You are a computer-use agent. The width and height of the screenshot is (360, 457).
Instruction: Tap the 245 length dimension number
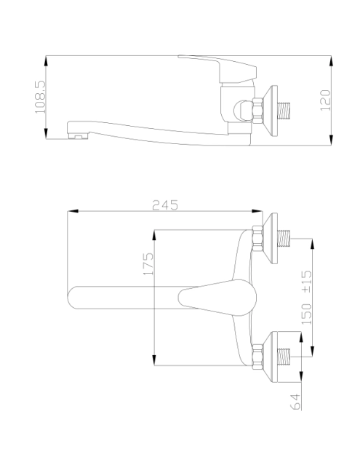coord(164,205)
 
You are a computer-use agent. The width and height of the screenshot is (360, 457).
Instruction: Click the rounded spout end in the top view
coord(73,296)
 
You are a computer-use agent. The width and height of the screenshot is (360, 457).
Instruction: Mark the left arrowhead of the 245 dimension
coord(70,212)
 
